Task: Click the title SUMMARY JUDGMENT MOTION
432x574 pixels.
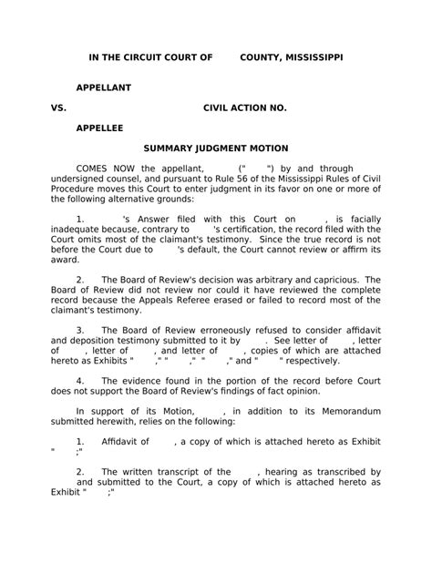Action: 216,148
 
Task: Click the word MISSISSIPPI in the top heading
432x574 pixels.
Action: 314,57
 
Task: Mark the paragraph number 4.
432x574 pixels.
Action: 80,380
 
